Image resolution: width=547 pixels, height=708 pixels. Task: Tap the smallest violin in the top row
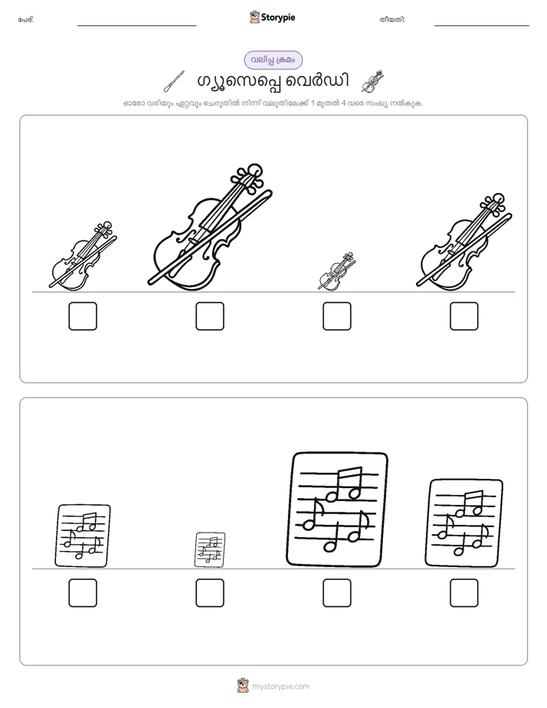[336, 272]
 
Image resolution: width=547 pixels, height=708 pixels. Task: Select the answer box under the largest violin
[210, 316]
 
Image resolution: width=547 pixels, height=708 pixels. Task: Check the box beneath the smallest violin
[337, 316]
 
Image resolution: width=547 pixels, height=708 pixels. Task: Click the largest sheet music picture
[337, 510]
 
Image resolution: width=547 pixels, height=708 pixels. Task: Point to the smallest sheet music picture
[210, 549]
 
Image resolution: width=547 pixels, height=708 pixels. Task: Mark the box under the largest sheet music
[337, 593]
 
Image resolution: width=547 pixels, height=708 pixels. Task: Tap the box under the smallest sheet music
[210, 593]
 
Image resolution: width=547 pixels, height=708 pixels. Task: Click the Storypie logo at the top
[272, 17]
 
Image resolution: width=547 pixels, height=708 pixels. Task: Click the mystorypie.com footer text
[280, 687]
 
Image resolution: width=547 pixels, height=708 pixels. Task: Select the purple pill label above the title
[273, 60]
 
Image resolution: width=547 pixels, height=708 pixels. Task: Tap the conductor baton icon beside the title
[174, 81]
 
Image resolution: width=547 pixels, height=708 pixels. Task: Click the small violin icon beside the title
[373, 81]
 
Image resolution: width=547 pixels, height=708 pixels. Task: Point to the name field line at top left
[136, 26]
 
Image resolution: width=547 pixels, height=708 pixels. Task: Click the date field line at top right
[482, 26]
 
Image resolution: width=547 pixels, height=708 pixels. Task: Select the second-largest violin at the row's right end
[464, 242]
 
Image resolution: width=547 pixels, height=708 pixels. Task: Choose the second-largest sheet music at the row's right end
[464, 523]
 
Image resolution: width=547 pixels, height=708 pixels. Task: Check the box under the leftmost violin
[83, 316]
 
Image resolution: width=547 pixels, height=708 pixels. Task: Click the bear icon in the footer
[243, 686]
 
